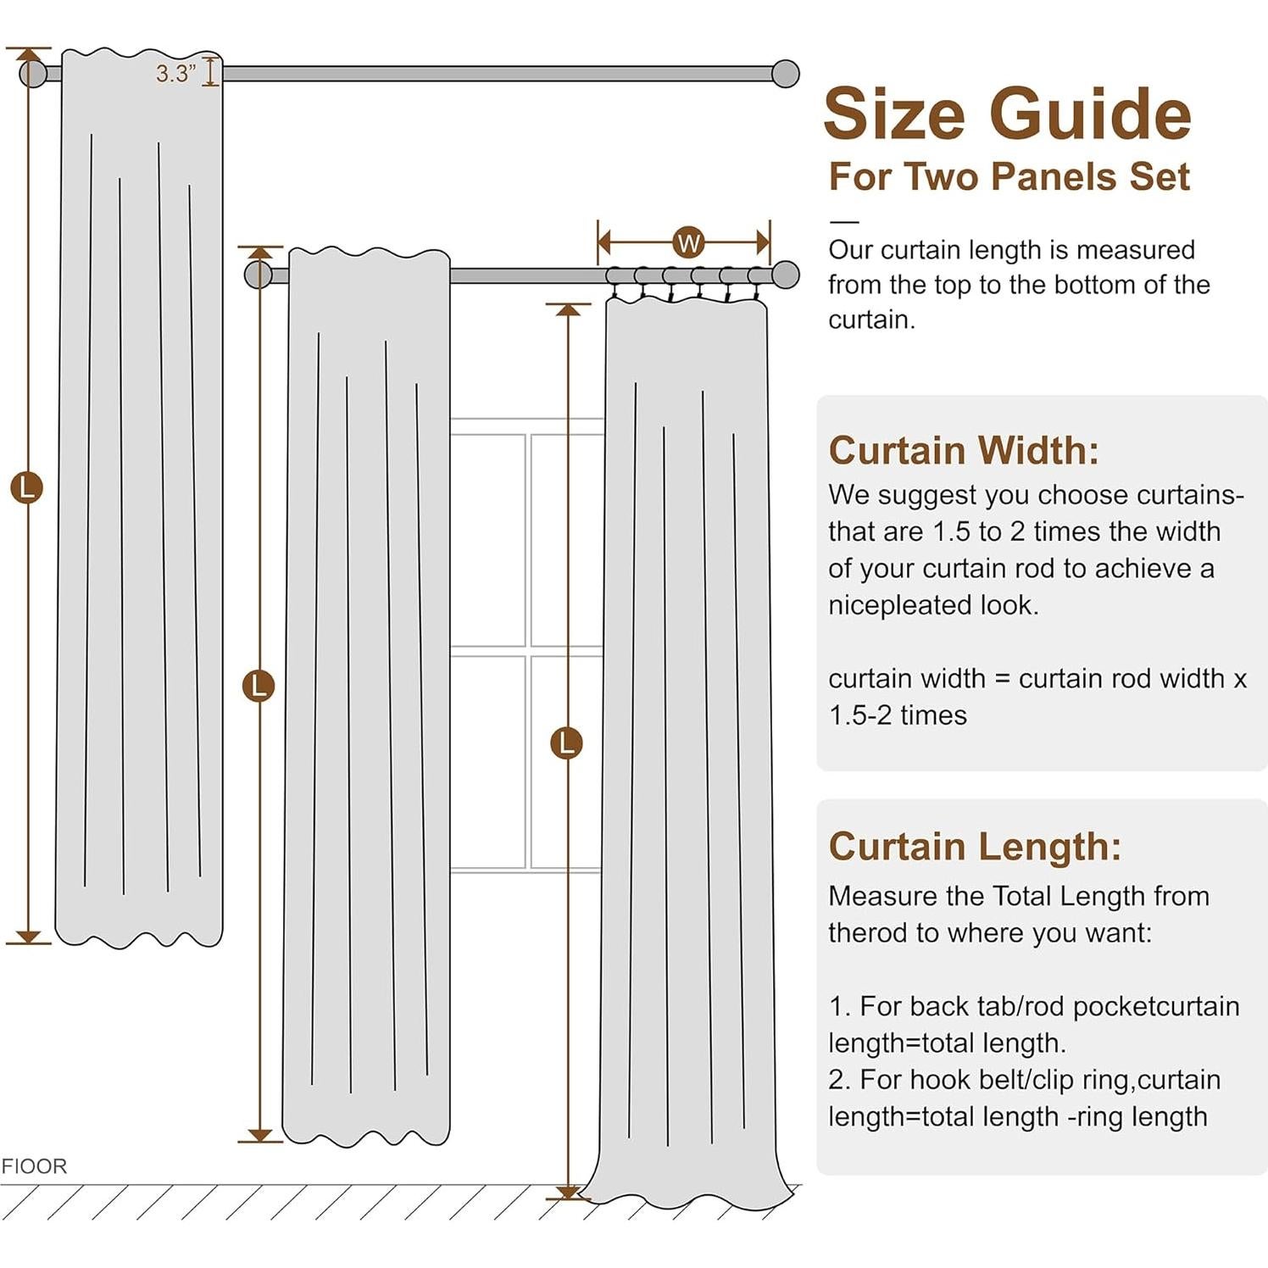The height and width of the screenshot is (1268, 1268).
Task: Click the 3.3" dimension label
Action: [x=175, y=74]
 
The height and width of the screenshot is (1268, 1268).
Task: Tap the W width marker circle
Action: [x=688, y=243]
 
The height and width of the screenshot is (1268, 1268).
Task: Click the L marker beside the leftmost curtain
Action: [x=26, y=488]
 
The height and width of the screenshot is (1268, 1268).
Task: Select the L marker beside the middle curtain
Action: [x=259, y=685]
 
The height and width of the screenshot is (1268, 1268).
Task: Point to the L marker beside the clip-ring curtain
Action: [x=566, y=742]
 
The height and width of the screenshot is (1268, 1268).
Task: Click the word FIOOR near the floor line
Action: [x=34, y=1166]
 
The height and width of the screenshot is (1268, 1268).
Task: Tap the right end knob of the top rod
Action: [x=786, y=74]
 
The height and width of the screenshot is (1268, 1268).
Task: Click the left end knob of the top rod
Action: [x=33, y=74]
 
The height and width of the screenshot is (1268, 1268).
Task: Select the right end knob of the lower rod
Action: [x=786, y=275]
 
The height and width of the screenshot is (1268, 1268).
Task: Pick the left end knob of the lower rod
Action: [x=258, y=275]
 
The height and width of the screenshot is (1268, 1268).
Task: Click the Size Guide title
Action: [x=1007, y=114]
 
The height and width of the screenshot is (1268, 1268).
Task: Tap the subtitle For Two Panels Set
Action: [x=1009, y=176]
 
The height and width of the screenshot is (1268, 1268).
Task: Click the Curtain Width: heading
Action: [x=963, y=450]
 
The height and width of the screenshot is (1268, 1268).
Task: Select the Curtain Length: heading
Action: [x=975, y=846]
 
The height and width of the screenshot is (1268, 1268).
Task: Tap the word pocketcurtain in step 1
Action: [x=1155, y=1007]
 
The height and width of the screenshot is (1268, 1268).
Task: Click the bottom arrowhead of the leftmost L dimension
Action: [x=28, y=937]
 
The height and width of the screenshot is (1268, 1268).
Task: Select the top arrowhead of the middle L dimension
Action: [x=260, y=253]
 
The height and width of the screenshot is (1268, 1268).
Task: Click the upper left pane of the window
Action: [x=488, y=539]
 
